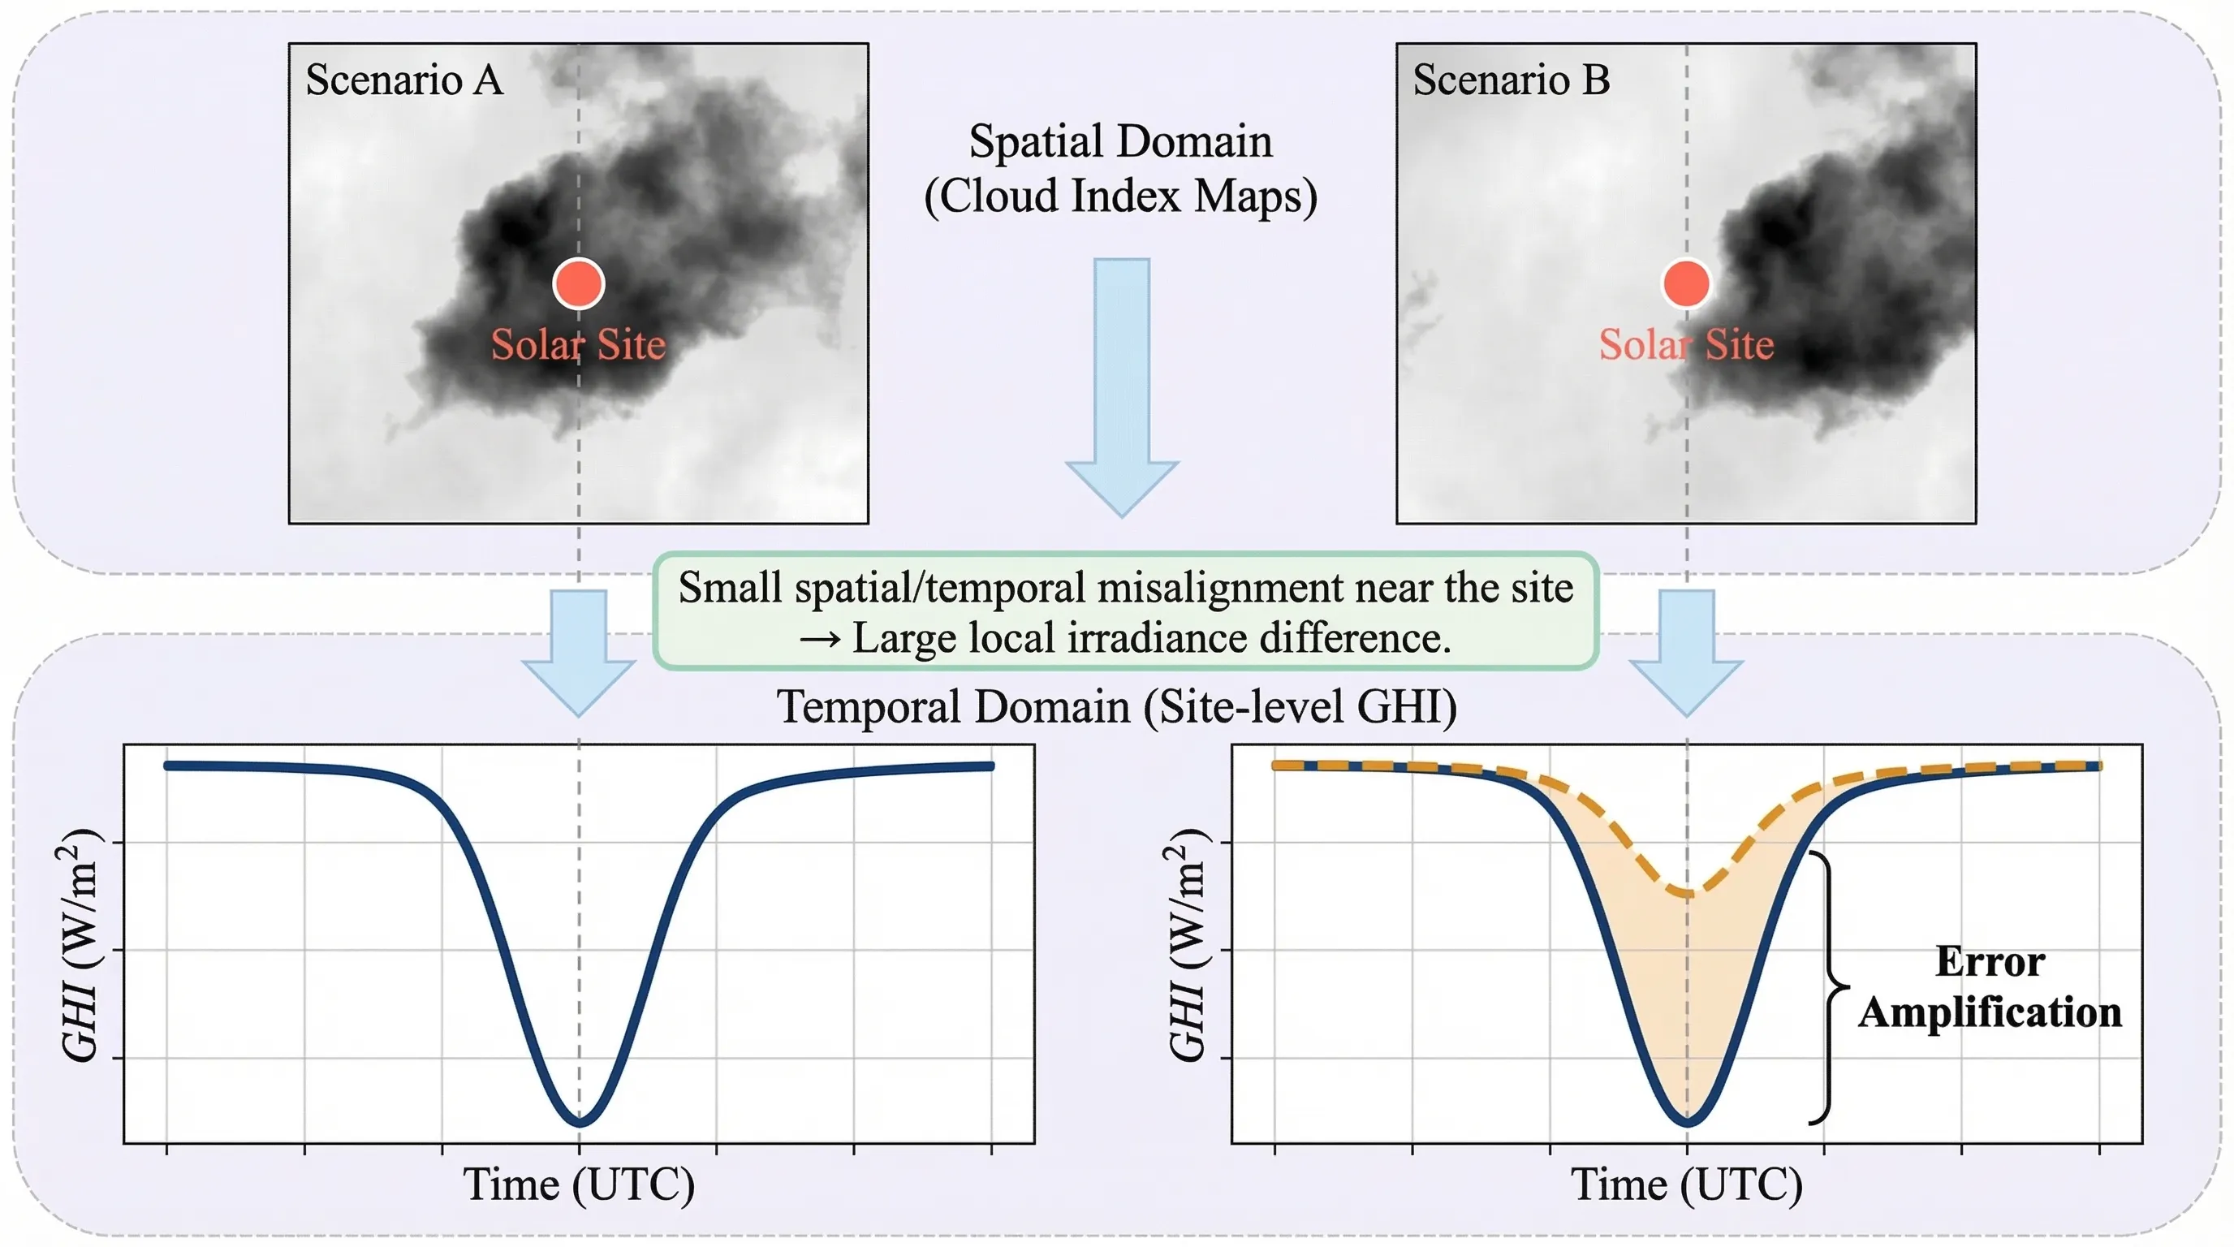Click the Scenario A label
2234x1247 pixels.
coord(404,80)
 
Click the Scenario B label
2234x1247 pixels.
coord(1511,80)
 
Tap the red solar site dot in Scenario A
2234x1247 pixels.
coord(579,283)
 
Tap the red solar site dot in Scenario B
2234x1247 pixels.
coord(1686,283)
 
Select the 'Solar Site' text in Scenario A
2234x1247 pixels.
coord(579,345)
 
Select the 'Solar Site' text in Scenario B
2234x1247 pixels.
coord(1686,345)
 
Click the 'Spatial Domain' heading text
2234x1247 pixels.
coord(1120,141)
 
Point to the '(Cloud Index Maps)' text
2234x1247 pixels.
coord(1120,196)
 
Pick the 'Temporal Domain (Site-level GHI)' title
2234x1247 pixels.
coord(1116,707)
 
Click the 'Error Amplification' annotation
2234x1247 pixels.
coord(1990,987)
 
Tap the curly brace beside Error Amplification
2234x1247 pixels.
coord(1828,987)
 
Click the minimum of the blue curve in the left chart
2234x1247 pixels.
coord(580,1121)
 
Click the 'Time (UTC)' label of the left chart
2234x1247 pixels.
coord(579,1184)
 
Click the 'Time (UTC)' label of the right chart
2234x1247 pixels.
coord(1686,1184)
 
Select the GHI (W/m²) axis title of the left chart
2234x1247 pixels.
coord(80,945)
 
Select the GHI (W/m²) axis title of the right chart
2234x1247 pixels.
coord(1188,945)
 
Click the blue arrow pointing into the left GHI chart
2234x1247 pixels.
coord(579,650)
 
